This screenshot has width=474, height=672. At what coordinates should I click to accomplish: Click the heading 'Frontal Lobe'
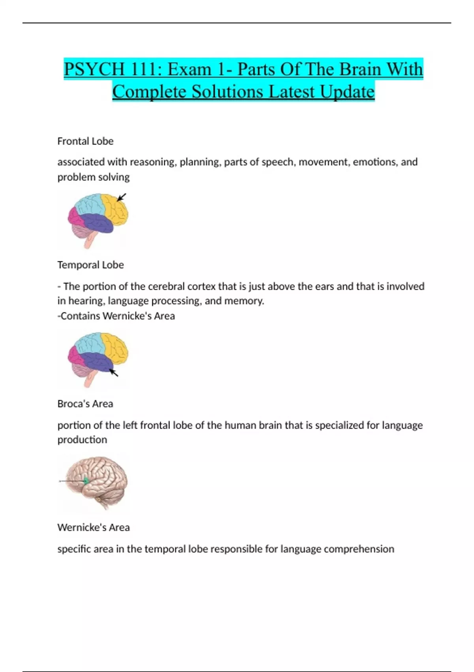(x=85, y=141)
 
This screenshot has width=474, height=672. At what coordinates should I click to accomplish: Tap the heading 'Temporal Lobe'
(x=90, y=265)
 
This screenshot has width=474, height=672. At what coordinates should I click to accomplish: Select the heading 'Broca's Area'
(x=85, y=404)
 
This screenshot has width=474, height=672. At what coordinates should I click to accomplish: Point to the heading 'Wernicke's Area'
(x=94, y=527)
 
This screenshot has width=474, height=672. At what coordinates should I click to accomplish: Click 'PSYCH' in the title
(x=94, y=70)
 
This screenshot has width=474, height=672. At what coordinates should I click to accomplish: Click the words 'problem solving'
(x=94, y=177)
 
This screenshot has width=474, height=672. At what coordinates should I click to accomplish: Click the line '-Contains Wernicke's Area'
(x=116, y=316)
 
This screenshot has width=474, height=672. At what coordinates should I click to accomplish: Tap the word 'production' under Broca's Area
(x=82, y=440)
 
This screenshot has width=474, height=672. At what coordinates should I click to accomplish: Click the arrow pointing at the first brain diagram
(x=122, y=197)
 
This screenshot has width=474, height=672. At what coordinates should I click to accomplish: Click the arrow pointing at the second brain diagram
(x=114, y=373)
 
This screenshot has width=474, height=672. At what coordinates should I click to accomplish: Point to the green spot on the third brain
(x=86, y=481)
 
